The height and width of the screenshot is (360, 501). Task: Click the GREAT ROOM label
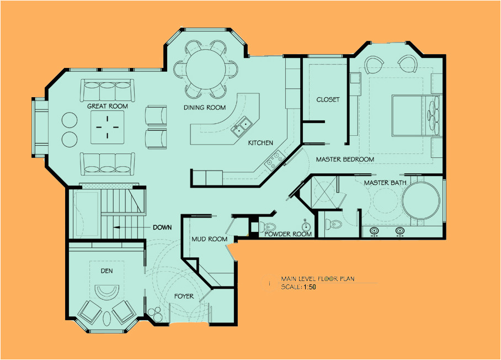[x=107, y=106]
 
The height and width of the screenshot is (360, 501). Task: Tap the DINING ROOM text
[x=205, y=108]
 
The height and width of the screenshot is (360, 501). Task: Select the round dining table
[x=205, y=69]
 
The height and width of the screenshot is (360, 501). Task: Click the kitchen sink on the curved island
[x=241, y=128]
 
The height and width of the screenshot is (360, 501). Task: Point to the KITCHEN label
[x=260, y=143]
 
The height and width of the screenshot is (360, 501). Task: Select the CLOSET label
[x=328, y=100]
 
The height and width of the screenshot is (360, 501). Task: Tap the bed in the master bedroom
[x=414, y=115]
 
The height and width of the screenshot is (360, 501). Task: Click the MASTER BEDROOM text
[x=345, y=160]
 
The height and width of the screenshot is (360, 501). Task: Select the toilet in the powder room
[x=269, y=227]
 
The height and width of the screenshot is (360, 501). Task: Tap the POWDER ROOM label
[x=288, y=234]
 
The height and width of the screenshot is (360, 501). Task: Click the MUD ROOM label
[x=209, y=239]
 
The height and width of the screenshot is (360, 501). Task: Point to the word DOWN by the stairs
[x=162, y=227]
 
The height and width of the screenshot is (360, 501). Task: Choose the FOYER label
[x=184, y=297]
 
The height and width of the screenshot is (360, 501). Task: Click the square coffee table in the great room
[x=107, y=126]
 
